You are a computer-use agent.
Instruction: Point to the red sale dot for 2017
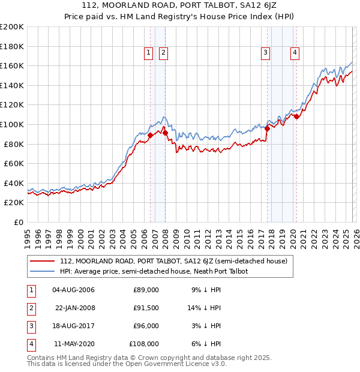(267, 128)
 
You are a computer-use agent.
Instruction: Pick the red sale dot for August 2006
(150, 136)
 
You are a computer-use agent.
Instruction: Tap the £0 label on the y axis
(17, 222)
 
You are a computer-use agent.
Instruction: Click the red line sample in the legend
(43, 261)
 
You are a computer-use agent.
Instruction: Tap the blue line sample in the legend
(43, 271)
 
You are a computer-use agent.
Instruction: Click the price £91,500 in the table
(146, 307)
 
